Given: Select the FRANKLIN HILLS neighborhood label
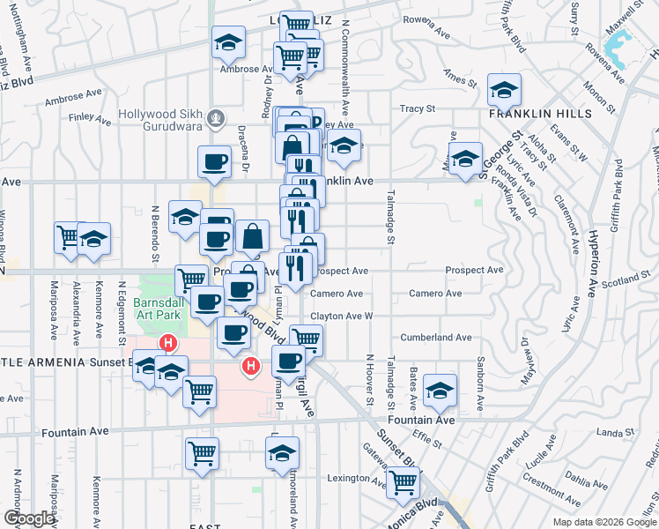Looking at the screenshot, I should [528, 114].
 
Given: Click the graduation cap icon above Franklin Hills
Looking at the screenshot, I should [505, 90].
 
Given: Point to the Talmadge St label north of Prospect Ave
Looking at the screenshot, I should [389, 217].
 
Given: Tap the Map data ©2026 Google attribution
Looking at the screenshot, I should [603, 522].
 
